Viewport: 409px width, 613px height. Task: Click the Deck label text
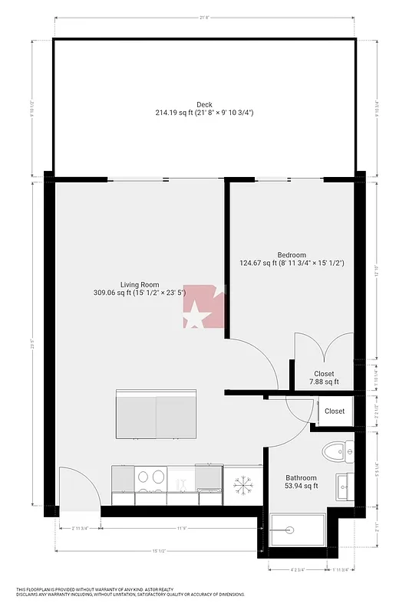[x=204, y=105]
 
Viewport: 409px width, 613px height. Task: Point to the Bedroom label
[x=292, y=255]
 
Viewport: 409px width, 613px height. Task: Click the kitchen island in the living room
[x=157, y=414]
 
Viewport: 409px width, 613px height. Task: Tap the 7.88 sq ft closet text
[x=323, y=382]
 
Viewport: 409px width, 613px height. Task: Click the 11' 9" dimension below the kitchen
[x=183, y=528]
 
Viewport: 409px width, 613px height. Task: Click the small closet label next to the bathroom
[x=335, y=411]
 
